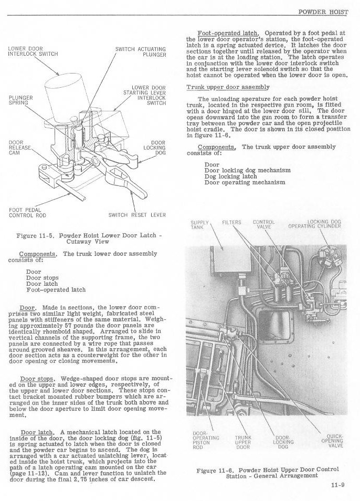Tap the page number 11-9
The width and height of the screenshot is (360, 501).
(338, 485)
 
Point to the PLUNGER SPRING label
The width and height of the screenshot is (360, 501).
(21, 100)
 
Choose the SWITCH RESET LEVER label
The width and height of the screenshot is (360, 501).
(137, 215)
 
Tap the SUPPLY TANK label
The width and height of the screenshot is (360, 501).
(197, 224)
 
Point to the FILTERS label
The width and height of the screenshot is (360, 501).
(231, 222)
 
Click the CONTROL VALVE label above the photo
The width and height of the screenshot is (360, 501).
(264, 224)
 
